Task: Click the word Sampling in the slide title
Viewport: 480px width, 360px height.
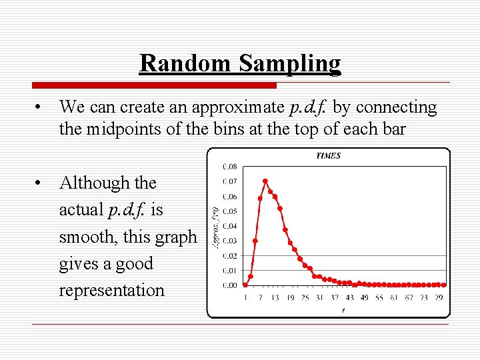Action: [290, 64]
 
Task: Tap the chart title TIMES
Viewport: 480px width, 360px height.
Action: [328, 156]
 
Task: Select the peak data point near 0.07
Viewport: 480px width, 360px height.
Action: [265, 181]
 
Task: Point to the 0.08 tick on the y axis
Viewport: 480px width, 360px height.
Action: [229, 167]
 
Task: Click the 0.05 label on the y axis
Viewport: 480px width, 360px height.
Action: [229, 211]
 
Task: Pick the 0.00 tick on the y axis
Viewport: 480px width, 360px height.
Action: [229, 285]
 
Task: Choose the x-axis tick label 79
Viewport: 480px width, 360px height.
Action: [439, 297]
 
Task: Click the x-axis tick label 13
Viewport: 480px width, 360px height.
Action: [275, 297]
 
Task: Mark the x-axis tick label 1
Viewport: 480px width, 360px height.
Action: [245, 297]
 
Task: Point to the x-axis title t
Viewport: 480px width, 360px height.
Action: [343, 309]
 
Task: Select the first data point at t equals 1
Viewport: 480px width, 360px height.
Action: [245, 285]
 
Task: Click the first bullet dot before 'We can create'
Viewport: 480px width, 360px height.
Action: [41, 107]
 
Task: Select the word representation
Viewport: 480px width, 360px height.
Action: [111, 291]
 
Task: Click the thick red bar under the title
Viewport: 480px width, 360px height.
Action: [154, 85]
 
